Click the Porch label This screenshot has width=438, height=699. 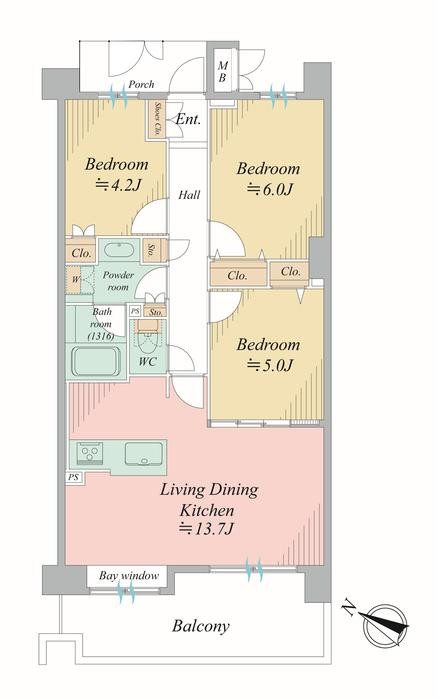pyautogui.click(x=140, y=85)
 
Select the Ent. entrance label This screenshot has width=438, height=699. pyautogui.click(x=188, y=120)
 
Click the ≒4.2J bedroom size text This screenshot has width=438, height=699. pyautogui.click(x=116, y=186)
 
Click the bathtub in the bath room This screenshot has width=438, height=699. pyautogui.click(x=96, y=360)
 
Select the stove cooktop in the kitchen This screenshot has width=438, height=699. pyautogui.click(x=90, y=453)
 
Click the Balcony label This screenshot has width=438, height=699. pyautogui.click(x=201, y=627)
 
